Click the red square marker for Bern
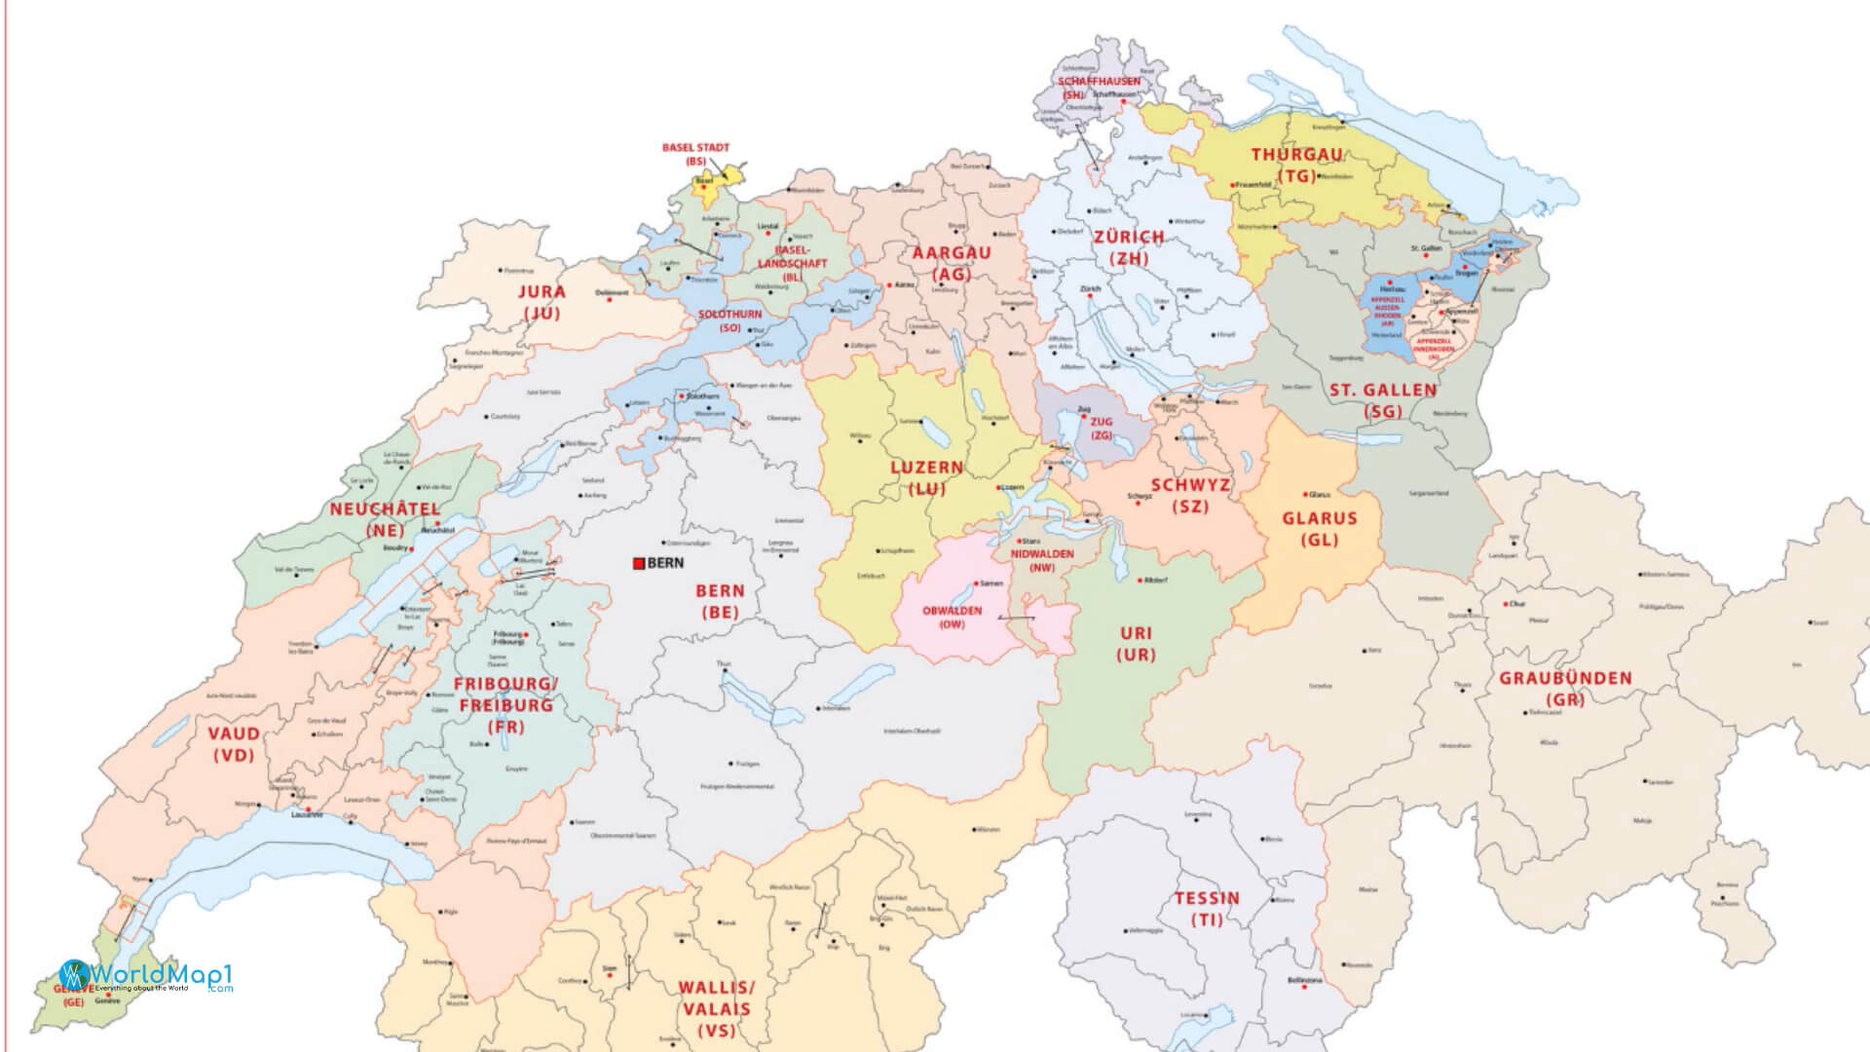point(638,563)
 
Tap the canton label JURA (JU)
point(542,302)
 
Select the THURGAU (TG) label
point(1296,165)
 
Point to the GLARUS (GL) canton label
point(1319,529)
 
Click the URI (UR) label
point(1136,644)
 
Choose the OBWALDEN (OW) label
point(952,617)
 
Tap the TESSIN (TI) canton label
point(1207,908)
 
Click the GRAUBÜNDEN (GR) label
point(1565,688)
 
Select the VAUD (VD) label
point(234,743)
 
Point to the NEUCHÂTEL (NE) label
point(385,519)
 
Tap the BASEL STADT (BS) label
point(695,154)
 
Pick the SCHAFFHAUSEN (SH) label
point(1099,88)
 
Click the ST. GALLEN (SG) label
point(1383,400)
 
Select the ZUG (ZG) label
point(1102,429)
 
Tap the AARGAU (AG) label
point(951,263)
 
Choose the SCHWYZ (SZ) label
point(1190,495)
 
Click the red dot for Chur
point(1505,604)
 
